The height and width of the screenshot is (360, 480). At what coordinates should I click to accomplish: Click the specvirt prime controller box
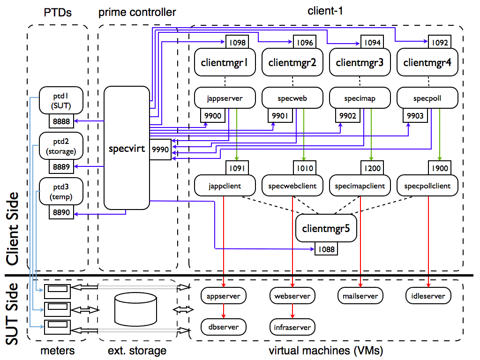(126, 148)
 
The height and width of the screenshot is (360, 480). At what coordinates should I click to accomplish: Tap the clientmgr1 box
(224, 62)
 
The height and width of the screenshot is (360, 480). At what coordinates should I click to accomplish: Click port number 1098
(237, 43)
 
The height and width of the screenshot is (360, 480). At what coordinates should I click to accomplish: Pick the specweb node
(292, 98)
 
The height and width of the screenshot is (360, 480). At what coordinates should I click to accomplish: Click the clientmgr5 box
(326, 229)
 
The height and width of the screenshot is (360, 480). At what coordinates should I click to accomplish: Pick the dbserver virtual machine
(223, 327)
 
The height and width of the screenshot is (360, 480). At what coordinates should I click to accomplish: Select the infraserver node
(292, 327)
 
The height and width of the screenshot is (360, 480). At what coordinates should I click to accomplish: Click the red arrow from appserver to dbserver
(224, 311)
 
